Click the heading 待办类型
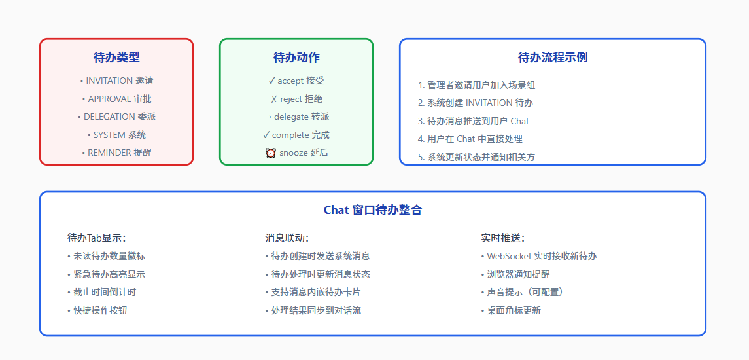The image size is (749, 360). point(116,58)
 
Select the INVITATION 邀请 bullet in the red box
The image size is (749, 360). point(116,81)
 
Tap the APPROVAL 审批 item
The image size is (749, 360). point(116,99)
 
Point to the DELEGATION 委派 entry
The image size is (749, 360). point(116,117)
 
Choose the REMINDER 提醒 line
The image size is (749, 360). point(116,153)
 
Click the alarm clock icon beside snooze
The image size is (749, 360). point(270,153)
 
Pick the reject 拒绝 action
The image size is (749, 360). point(296,99)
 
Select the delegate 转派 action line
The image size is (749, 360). point(296,117)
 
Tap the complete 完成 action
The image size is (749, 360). point(296,135)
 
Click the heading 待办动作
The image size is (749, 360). point(296,58)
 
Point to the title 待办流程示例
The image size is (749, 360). point(553,58)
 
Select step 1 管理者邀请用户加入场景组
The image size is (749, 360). point(476,85)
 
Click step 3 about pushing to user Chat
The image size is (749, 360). point(474,122)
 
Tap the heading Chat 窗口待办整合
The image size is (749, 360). point(373,210)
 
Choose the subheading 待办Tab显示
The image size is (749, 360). point(97,238)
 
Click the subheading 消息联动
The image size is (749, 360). point(287,238)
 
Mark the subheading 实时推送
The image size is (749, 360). point(503,238)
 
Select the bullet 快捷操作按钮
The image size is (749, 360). point(97,310)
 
